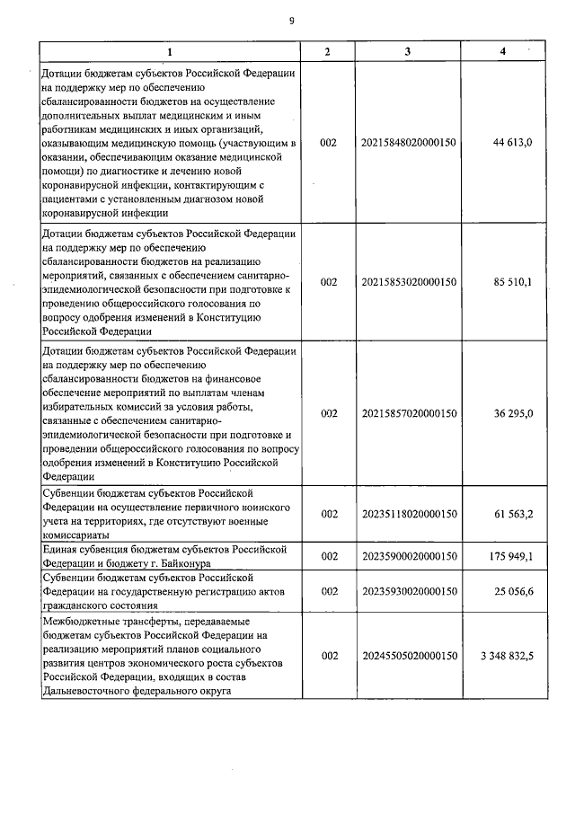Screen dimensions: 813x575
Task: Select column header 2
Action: (x=327, y=51)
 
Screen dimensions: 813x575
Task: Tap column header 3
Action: (x=407, y=51)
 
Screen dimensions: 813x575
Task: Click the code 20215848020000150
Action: (x=409, y=143)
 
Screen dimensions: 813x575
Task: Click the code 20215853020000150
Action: (x=409, y=282)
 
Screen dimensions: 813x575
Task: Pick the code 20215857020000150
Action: (x=409, y=413)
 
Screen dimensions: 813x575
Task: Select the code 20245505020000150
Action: (x=409, y=657)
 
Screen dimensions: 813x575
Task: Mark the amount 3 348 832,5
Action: (x=507, y=657)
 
